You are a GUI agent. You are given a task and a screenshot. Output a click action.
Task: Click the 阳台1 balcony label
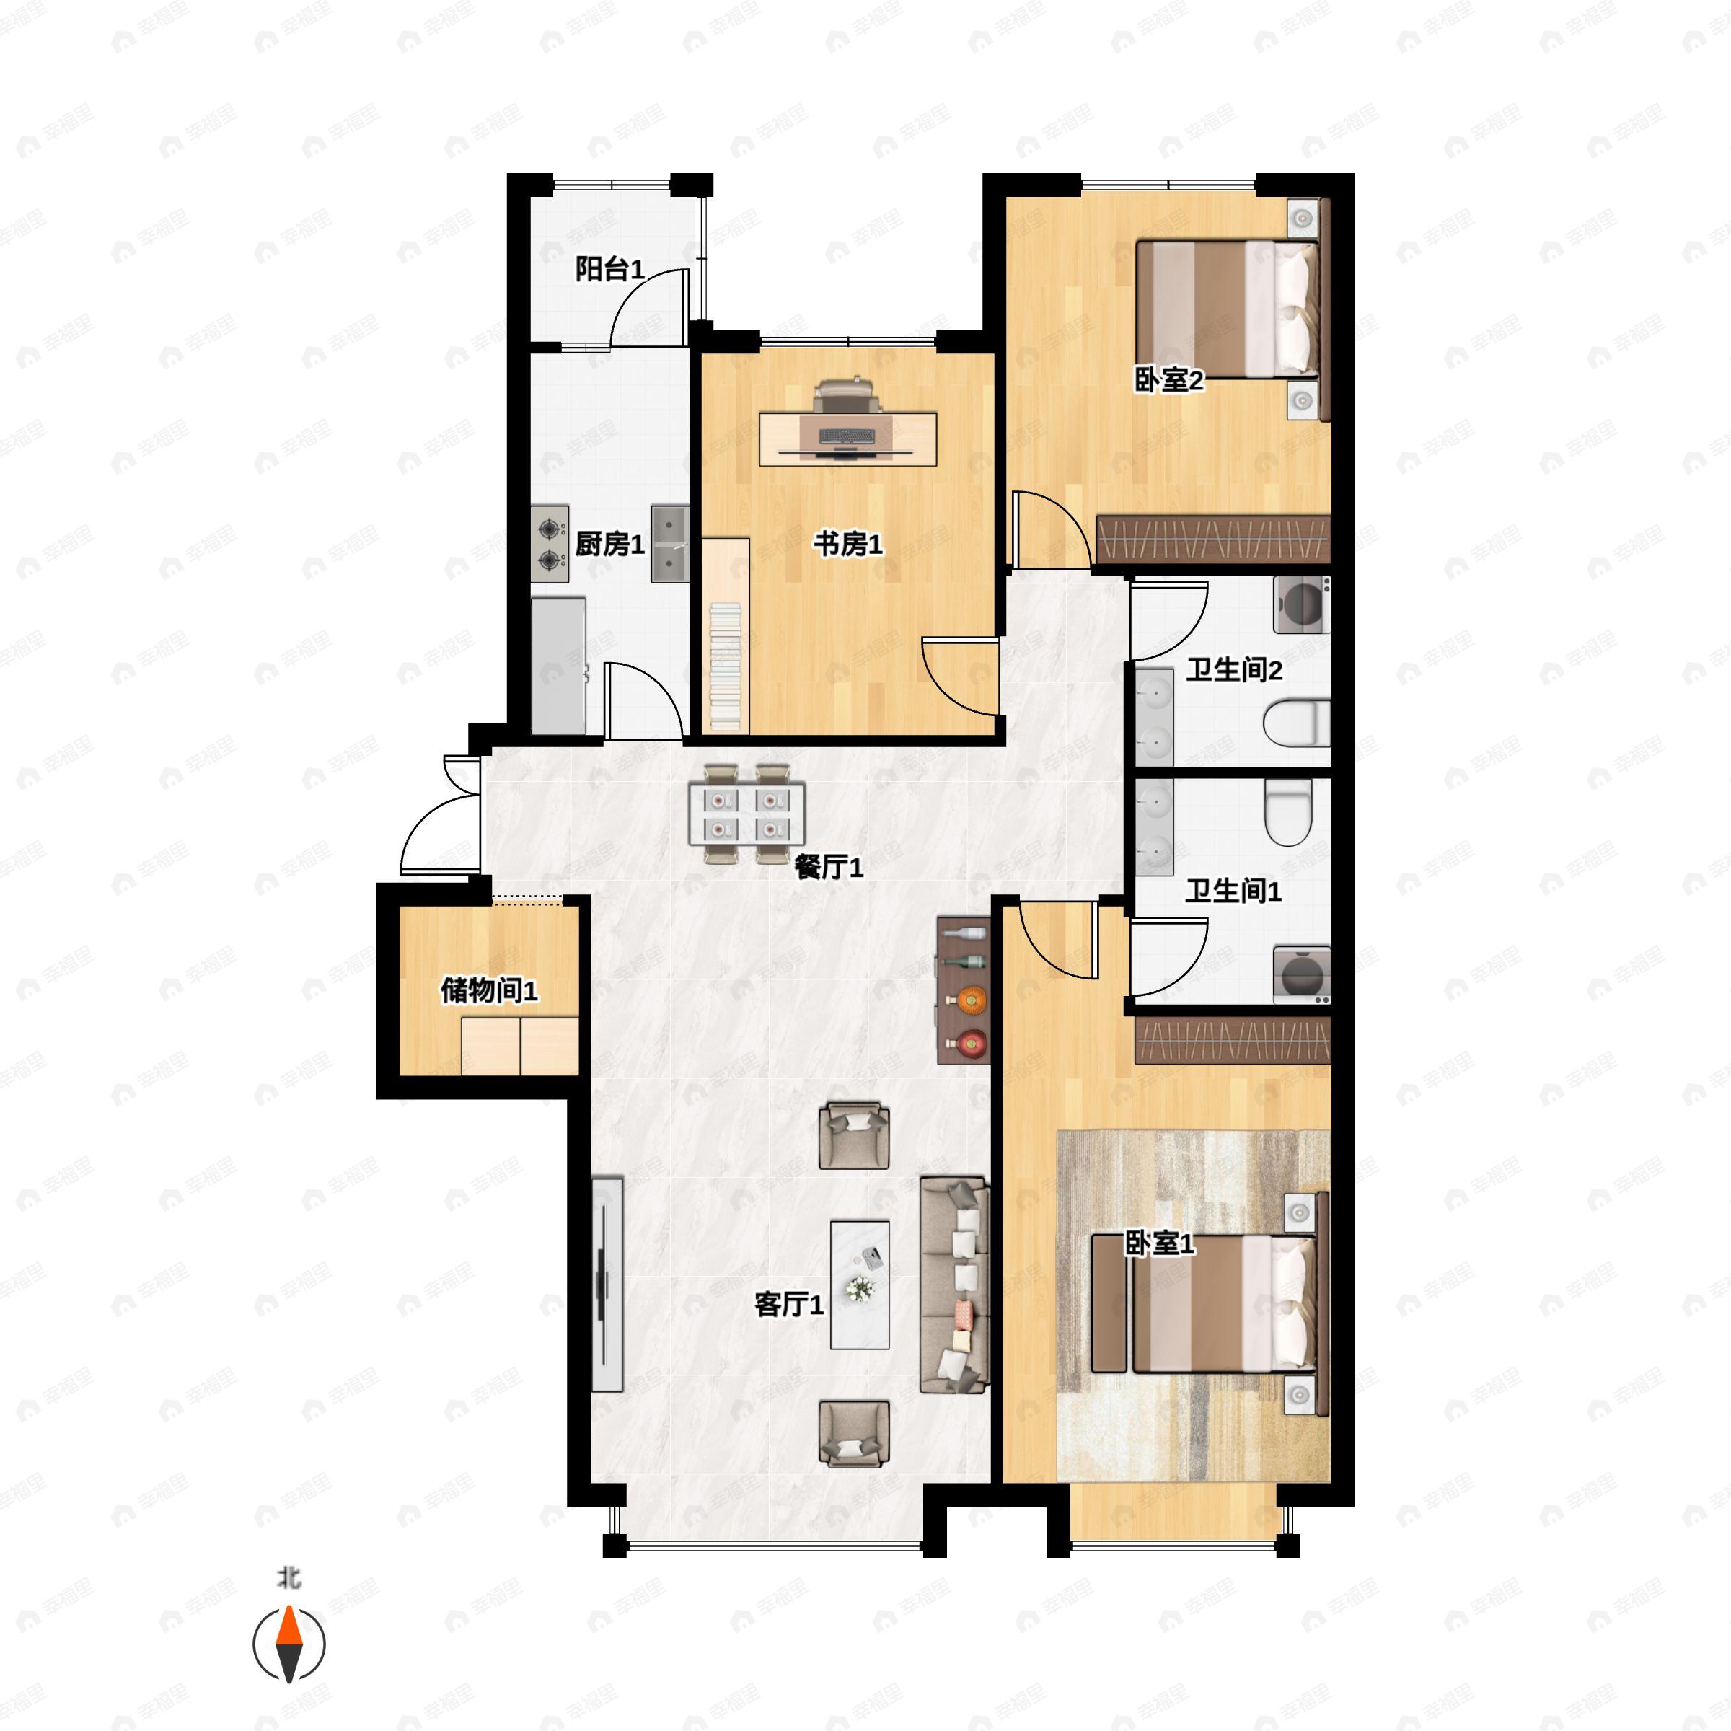[609, 269]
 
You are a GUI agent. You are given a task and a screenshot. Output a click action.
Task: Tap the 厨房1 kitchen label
[609, 544]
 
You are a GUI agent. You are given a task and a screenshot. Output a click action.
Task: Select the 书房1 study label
[847, 543]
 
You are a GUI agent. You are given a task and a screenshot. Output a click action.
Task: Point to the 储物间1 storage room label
[489, 990]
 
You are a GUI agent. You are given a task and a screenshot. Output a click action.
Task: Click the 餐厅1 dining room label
[829, 866]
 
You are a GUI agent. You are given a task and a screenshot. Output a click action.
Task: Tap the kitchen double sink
[669, 544]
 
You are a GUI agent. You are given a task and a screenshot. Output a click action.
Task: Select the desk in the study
[847, 439]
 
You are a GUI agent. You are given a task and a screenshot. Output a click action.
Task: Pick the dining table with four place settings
[746, 814]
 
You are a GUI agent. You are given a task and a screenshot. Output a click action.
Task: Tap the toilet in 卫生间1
[1287, 811]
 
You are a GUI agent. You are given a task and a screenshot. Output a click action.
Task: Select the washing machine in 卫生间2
[1302, 605]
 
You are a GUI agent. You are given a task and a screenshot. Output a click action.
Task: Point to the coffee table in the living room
[860, 1284]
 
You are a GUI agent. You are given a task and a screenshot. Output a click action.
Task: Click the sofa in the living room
[955, 1285]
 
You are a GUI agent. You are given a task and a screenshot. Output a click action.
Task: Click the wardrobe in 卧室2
[1214, 539]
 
